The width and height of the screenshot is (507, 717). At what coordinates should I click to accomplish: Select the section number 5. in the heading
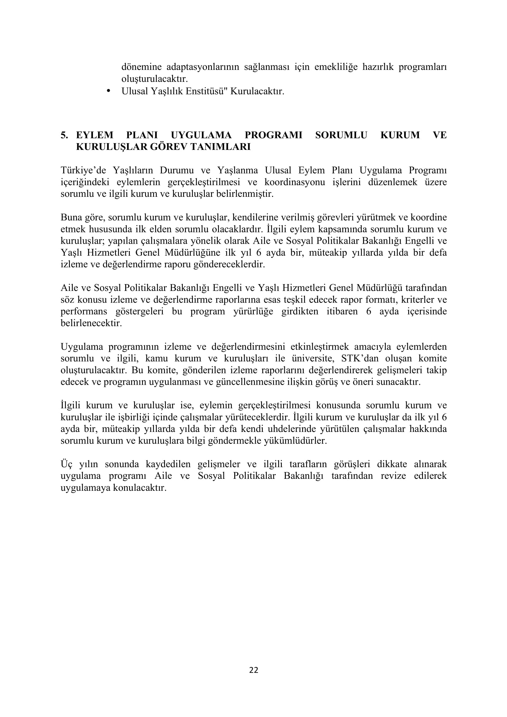[64, 135]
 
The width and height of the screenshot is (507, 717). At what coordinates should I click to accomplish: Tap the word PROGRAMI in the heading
[273, 135]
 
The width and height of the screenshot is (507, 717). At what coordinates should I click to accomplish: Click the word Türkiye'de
[83, 170]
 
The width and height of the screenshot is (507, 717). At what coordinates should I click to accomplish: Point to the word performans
[84, 311]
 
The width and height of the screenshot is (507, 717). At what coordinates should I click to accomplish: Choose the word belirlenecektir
[91, 323]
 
